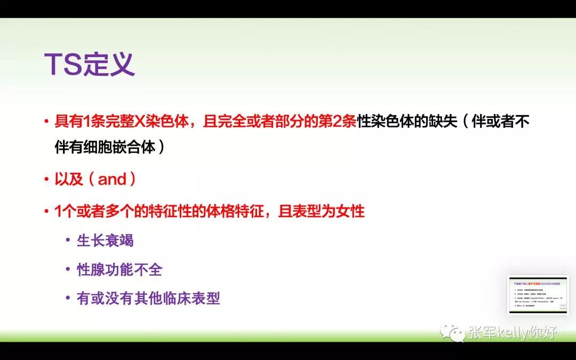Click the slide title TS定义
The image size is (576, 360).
(x=89, y=65)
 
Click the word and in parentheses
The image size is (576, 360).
(x=112, y=179)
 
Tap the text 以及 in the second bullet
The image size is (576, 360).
(x=69, y=179)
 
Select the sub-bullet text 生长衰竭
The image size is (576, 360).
(x=105, y=240)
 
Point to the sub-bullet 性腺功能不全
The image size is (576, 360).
(x=119, y=269)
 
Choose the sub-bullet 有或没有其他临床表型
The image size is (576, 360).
(x=148, y=298)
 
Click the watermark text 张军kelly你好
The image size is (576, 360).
(x=513, y=333)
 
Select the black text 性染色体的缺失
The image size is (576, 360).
(x=407, y=122)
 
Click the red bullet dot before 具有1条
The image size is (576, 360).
(x=46, y=122)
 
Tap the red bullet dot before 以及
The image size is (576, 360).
(x=46, y=180)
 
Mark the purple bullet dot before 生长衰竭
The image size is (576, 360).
(x=68, y=241)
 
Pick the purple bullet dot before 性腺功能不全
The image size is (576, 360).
(x=68, y=270)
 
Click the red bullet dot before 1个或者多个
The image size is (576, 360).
(x=46, y=212)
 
